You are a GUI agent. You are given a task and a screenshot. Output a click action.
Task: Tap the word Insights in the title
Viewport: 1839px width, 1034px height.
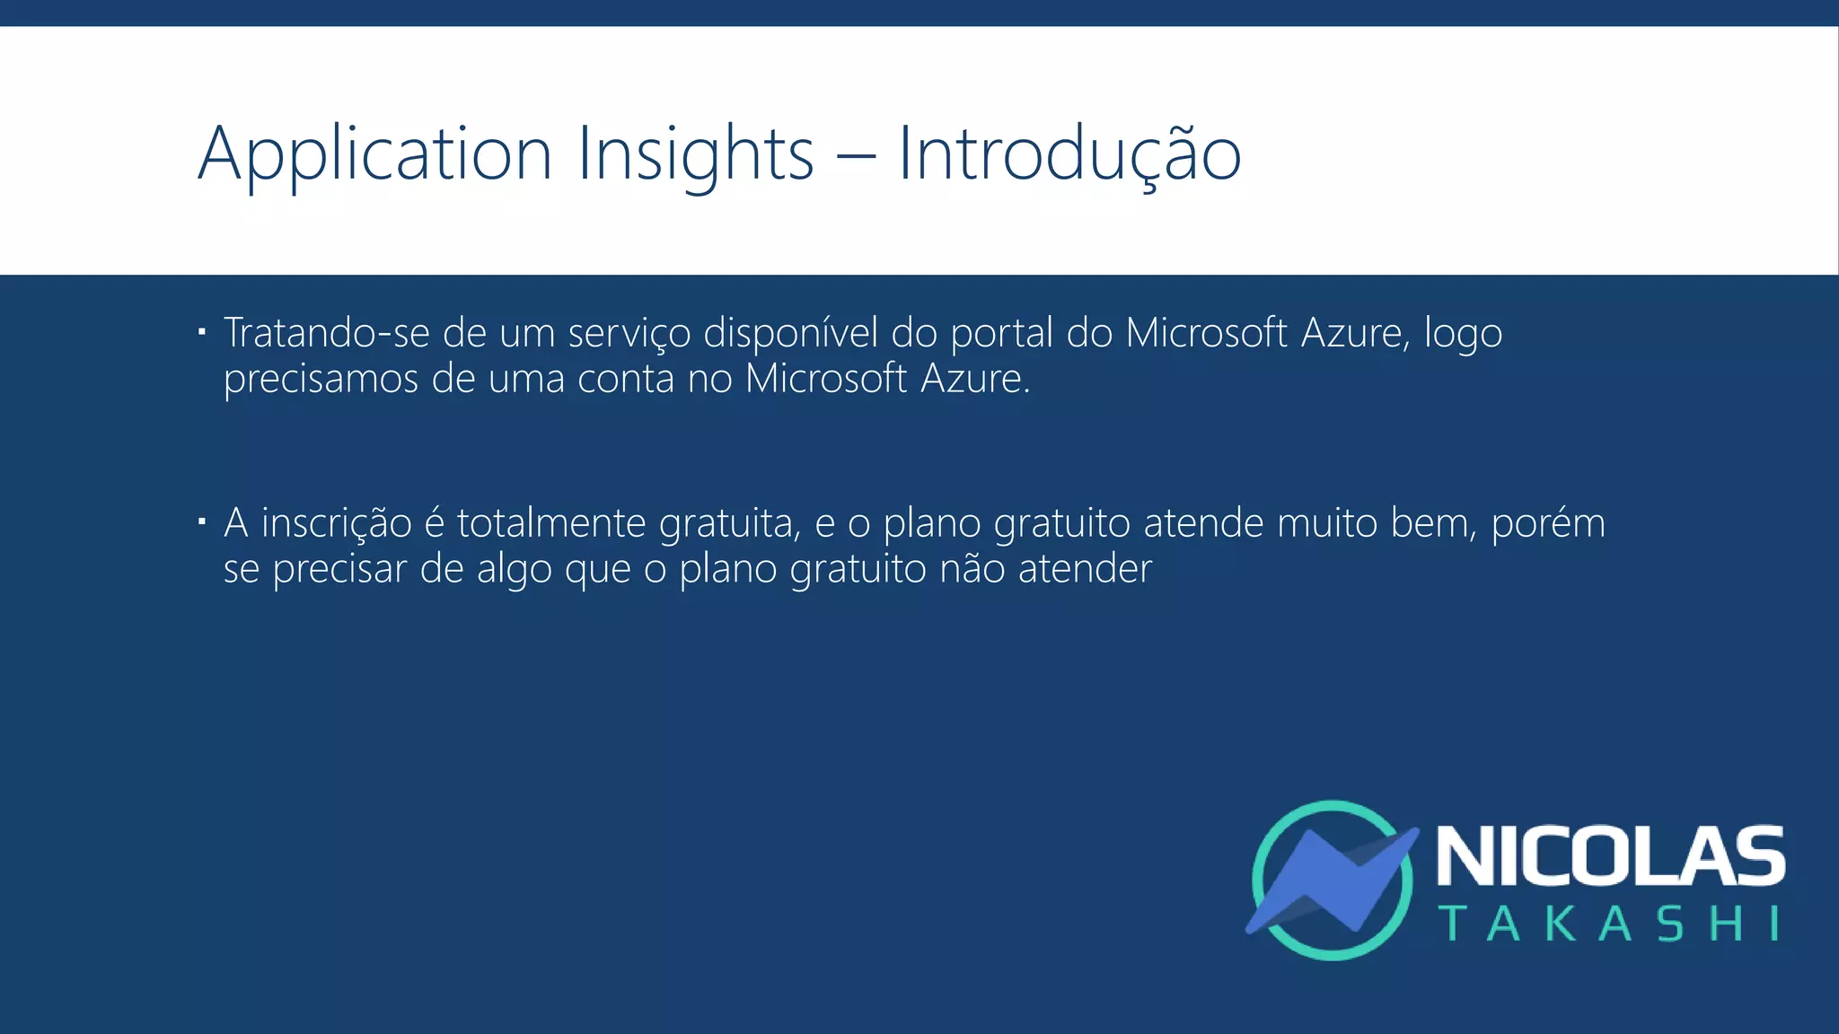pyautogui.click(x=695, y=154)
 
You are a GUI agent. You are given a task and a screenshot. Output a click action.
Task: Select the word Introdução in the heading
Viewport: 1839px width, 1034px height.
pyautogui.click(x=1069, y=154)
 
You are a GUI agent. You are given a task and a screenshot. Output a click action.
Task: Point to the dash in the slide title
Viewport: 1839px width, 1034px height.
pyautogui.click(x=856, y=158)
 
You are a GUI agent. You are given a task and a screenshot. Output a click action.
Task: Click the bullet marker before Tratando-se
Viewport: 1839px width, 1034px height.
pyautogui.click(x=203, y=333)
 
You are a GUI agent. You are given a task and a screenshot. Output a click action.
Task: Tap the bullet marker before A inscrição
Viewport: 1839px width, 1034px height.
pyautogui.click(x=203, y=521)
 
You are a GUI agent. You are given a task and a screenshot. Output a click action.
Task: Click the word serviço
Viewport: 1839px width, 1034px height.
pyautogui.click(x=629, y=335)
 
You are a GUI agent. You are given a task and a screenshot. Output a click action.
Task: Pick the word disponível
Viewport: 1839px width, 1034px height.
pyautogui.click(x=790, y=335)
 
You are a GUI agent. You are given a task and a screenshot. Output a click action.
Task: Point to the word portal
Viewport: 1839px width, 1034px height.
pyautogui.click(x=1001, y=335)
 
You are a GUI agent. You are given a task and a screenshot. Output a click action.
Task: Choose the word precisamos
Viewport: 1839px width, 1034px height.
pyautogui.click(x=321, y=380)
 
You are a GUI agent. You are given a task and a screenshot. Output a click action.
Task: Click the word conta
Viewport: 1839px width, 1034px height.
pyautogui.click(x=625, y=379)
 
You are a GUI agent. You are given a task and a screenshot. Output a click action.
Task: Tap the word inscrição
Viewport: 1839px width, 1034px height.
pyautogui.click(x=336, y=524)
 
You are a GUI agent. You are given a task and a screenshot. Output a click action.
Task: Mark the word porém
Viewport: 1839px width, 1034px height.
pyautogui.click(x=1547, y=524)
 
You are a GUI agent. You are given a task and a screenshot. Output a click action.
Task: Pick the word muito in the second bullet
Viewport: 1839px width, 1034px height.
pyautogui.click(x=1327, y=523)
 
